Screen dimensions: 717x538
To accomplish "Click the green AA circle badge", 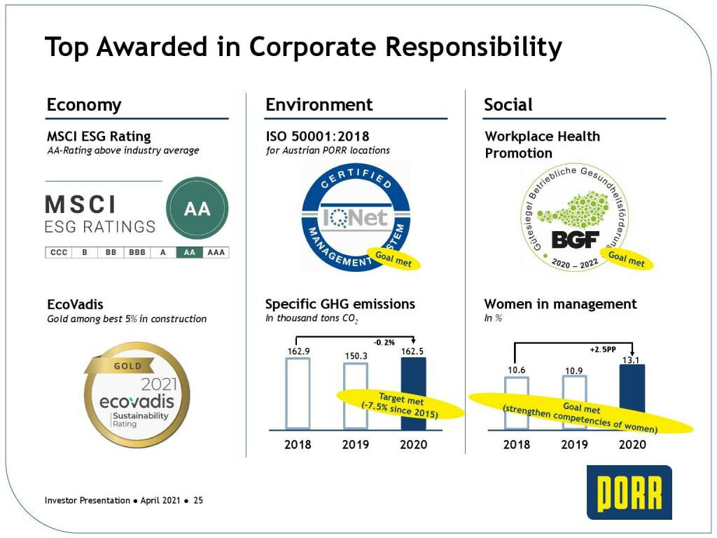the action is pyautogui.click(x=197, y=208).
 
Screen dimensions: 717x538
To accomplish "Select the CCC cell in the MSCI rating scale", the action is pyautogui.click(x=59, y=252).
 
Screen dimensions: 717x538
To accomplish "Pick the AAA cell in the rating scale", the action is pyautogui.click(x=216, y=252).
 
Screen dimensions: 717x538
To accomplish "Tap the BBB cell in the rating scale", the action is pyautogui.click(x=137, y=252).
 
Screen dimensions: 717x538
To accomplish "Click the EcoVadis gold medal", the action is pyautogui.click(x=137, y=394).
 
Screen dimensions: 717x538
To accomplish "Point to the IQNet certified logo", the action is pyautogui.click(x=355, y=217).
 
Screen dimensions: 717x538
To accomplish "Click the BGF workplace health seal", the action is pyautogui.click(x=575, y=217).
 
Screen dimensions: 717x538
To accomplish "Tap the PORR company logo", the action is pyautogui.click(x=629, y=492).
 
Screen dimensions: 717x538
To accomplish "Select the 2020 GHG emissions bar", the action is pyautogui.click(x=413, y=394).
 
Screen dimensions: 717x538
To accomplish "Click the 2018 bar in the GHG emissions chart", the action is pyautogui.click(x=298, y=394).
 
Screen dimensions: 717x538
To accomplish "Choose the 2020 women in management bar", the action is pyautogui.click(x=632, y=397).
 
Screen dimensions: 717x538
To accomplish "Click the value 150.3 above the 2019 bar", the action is pyautogui.click(x=356, y=356).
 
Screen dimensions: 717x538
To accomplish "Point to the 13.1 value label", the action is pyautogui.click(x=631, y=361).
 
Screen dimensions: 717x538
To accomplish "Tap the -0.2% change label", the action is pyautogui.click(x=384, y=343).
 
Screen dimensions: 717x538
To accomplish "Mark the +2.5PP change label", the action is pyautogui.click(x=603, y=350).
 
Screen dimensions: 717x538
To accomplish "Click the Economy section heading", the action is pyautogui.click(x=84, y=105).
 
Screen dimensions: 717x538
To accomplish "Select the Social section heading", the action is pyautogui.click(x=508, y=105).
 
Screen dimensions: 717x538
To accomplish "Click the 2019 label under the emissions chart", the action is pyautogui.click(x=356, y=444).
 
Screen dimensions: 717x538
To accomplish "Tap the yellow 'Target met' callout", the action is pyautogui.click(x=400, y=404).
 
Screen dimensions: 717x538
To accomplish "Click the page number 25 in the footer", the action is pyautogui.click(x=198, y=500).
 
